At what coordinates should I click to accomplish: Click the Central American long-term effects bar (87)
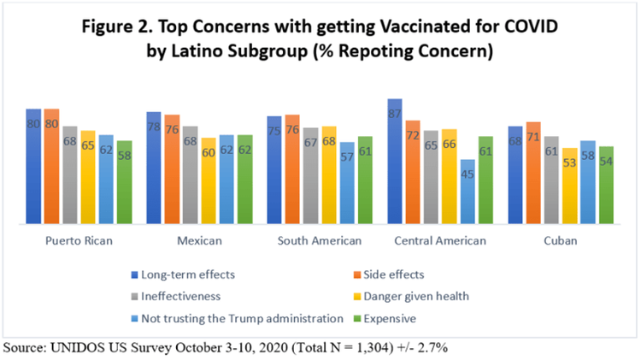tap(395, 161)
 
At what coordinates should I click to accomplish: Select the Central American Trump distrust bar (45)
tap(468, 192)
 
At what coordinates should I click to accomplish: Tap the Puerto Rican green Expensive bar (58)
tap(124, 182)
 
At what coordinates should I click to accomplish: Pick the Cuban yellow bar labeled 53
tap(569, 186)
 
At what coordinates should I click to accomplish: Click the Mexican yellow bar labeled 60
tap(209, 180)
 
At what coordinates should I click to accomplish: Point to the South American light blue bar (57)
tap(347, 183)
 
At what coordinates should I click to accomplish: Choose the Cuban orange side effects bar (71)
tap(533, 173)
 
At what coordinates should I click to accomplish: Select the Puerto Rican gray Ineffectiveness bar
tap(69, 174)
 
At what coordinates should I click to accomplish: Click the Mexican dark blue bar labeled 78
tap(154, 168)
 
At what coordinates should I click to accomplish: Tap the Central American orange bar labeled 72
tap(413, 172)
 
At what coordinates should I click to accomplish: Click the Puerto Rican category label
tap(79, 240)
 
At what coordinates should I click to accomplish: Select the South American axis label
tap(320, 240)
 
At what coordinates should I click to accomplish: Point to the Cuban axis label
tap(561, 240)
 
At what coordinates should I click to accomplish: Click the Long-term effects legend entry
tap(183, 274)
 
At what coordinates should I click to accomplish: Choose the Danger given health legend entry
tap(412, 296)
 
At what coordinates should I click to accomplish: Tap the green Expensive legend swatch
tap(357, 319)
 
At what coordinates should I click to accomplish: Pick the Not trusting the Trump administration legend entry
tap(238, 319)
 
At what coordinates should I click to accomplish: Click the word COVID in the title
tap(531, 27)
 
